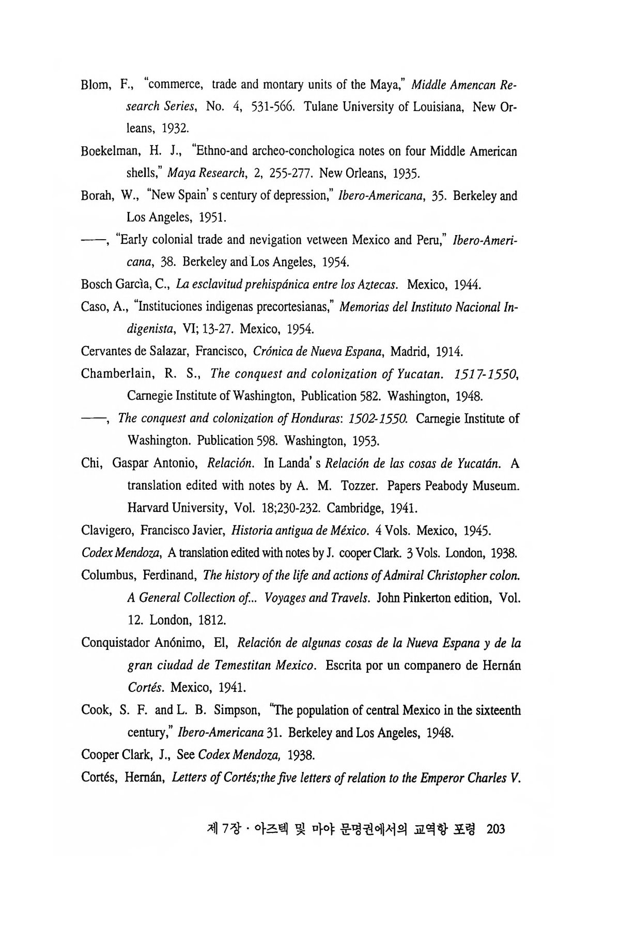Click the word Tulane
tap(321, 107)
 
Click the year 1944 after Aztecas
tap(468, 285)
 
